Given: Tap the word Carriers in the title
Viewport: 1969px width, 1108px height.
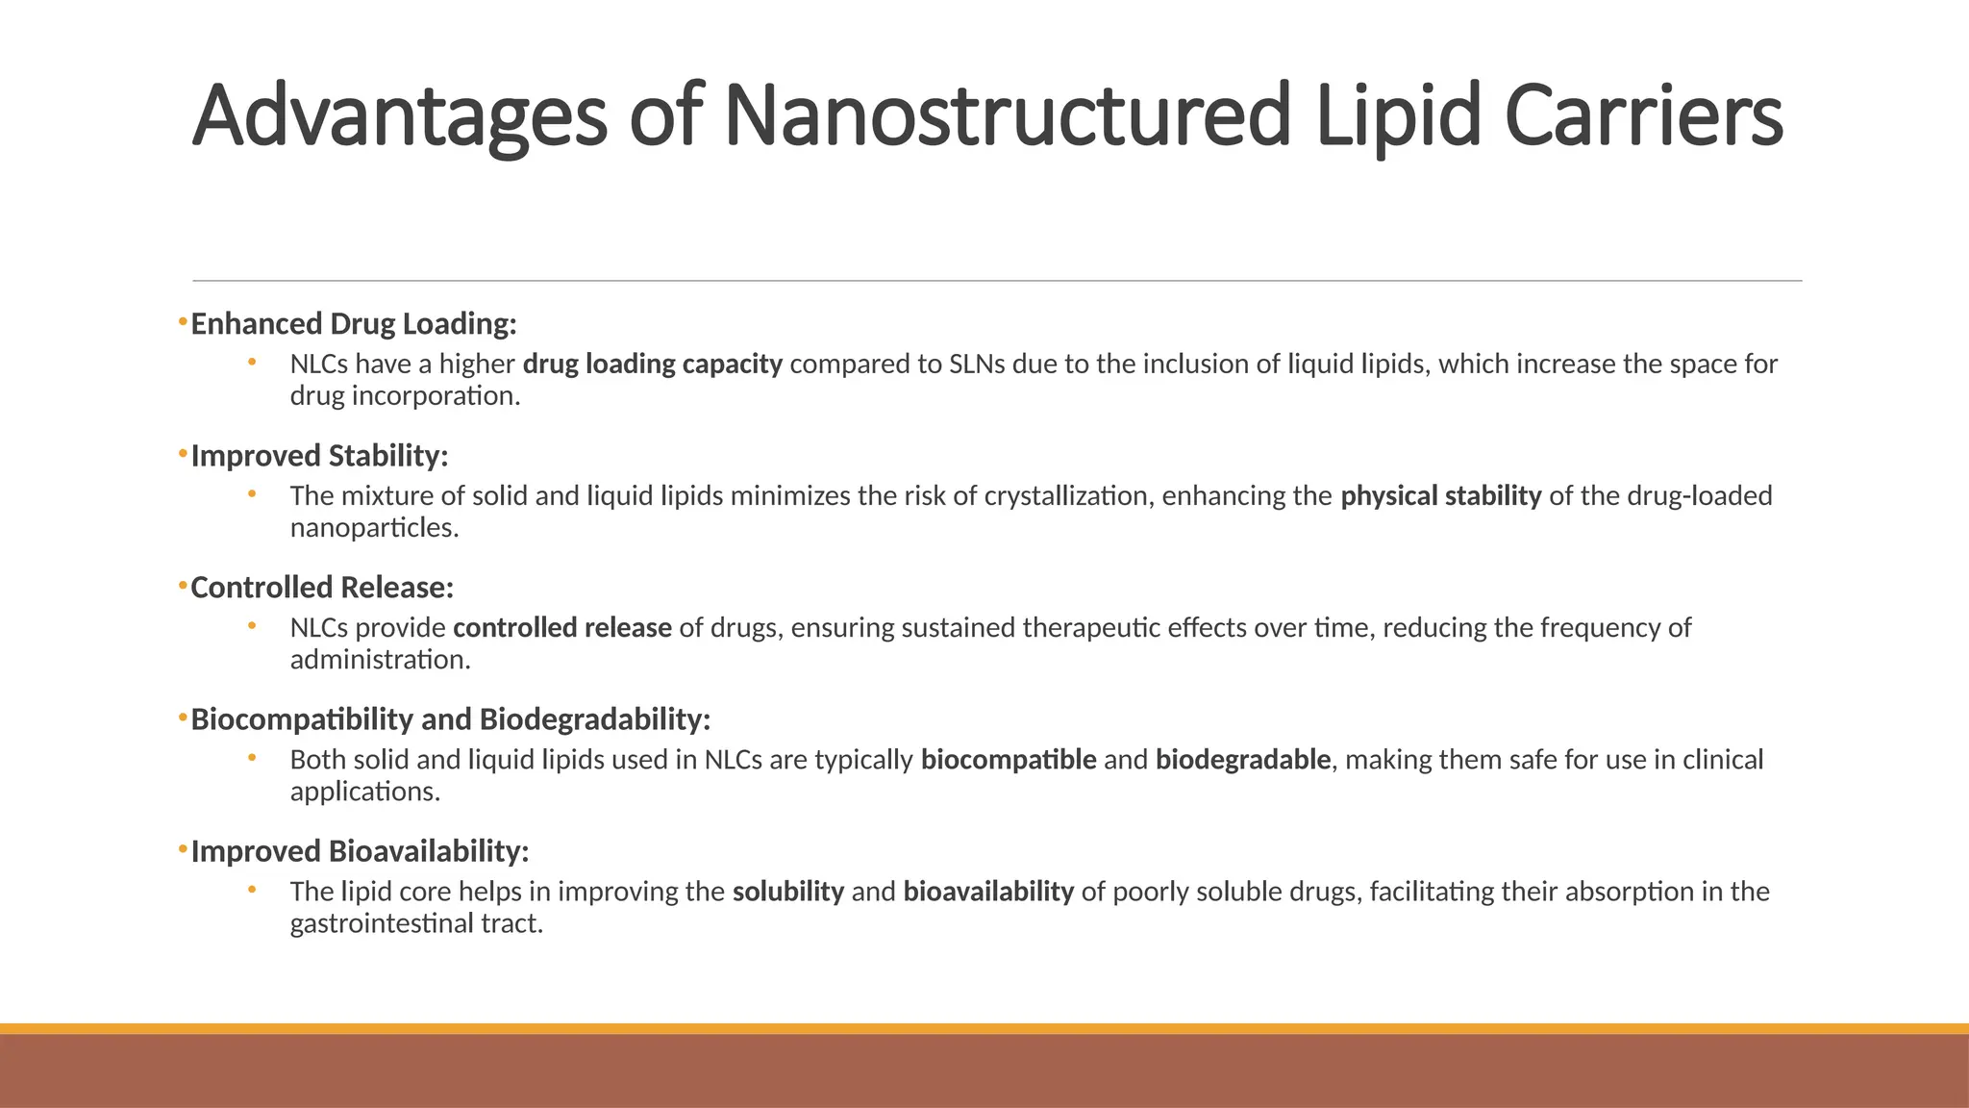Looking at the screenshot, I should click(1643, 115).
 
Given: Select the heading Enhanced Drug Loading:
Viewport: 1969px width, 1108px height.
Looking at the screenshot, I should click(354, 324).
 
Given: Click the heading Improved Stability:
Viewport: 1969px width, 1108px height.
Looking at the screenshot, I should click(319, 456).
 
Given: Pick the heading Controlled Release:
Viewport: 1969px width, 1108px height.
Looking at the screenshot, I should click(322, 588).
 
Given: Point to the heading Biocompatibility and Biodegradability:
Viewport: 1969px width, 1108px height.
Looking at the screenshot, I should click(450, 719).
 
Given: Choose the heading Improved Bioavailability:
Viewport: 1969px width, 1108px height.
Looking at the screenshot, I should click(360, 851).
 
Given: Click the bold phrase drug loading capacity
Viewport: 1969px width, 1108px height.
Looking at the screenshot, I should click(653, 365).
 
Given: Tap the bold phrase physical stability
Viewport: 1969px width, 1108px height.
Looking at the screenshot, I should click(1441, 496).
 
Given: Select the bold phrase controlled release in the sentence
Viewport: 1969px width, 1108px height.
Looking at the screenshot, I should click(562, 628).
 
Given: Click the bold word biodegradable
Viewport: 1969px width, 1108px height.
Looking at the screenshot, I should click(1243, 760).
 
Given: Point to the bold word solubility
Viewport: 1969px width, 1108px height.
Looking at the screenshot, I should click(788, 892).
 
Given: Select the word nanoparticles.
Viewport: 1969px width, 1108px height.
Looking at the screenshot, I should click(374, 529).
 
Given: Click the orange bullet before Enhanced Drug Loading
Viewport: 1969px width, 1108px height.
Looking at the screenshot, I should click(183, 321).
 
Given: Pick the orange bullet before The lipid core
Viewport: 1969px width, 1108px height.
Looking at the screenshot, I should click(252, 890).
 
